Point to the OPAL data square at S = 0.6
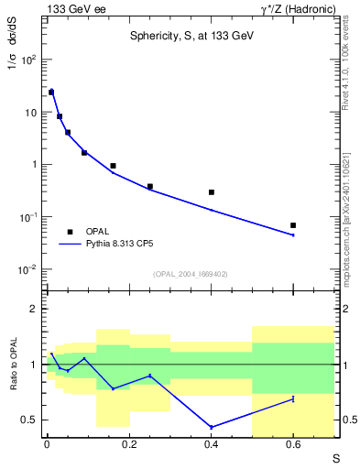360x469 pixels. (x=293, y=225)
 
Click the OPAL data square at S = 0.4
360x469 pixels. (x=212, y=192)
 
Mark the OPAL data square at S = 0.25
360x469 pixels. (x=149, y=187)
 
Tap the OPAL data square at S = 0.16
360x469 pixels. (x=113, y=166)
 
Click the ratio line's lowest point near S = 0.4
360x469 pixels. (x=212, y=428)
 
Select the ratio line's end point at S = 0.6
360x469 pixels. (x=293, y=398)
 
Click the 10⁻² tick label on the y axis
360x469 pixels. (x=27, y=269)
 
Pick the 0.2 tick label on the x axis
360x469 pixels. (x=129, y=446)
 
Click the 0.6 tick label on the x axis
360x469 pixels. (x=293, y=446)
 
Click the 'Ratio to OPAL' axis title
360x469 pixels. (x=12, y=365)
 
